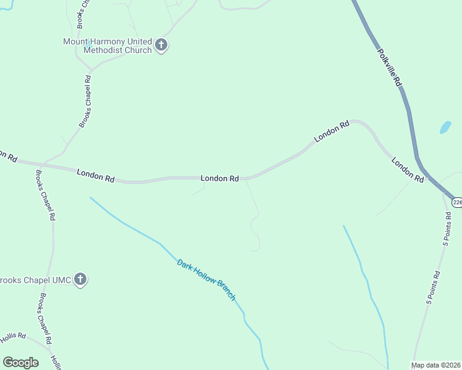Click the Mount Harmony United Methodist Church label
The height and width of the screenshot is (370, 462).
coord(107,46)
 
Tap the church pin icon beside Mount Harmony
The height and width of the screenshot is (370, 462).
coord(161,45)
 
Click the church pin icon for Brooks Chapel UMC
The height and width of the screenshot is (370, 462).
coord(80,279)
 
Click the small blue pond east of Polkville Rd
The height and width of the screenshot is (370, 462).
coord(445,128)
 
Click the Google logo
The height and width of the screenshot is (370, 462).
coord(20,362)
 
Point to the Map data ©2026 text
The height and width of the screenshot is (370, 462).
coord(436,365)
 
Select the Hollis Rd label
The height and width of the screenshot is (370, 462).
coord(12,337)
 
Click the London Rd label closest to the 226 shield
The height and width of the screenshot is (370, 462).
coord(408,170)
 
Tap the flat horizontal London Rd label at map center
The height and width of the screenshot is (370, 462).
coord(220,178)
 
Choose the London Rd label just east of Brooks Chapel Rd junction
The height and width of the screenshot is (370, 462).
coord(96,176)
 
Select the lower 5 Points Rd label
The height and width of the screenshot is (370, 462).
coord(434,287)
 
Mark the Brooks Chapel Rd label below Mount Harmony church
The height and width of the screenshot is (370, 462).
coord(85,101)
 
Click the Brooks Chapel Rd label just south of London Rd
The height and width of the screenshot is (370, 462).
coord(46,195)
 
